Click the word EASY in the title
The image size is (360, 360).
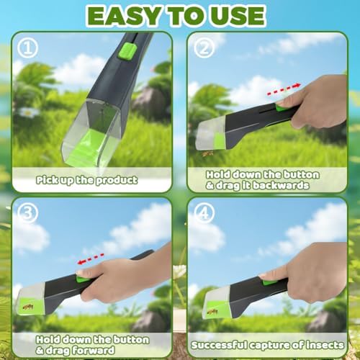(x=118, y=15)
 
